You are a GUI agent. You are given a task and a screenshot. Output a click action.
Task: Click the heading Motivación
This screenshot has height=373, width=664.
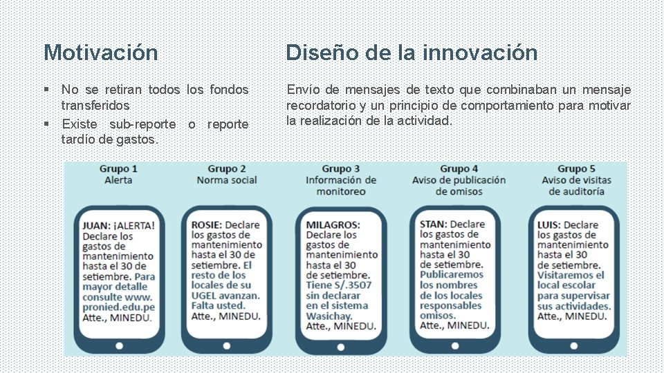coord(100,52)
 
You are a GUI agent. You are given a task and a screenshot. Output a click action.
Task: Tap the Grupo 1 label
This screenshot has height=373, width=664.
coord(118,169)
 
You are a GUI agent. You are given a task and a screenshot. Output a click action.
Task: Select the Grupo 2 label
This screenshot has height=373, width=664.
coord(227,169)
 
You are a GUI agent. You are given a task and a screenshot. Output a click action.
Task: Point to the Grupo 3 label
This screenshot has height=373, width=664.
coord(341,169)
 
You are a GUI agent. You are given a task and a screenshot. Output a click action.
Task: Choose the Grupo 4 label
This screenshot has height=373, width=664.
coord(459,169)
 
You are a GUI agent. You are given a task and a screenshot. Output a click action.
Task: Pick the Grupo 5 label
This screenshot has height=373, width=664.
coord(576,169)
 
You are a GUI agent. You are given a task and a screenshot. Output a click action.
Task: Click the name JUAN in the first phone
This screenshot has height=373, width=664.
coord(95,225)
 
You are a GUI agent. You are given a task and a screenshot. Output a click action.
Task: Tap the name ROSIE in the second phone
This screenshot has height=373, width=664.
coord(206,225)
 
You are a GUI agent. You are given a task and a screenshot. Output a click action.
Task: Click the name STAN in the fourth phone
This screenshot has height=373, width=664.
coord(433,224)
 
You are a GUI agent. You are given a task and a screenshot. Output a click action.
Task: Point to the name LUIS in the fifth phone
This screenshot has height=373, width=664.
coord(549,225)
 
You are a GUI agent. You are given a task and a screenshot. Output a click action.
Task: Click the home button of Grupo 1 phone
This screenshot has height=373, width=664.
coord(119,345)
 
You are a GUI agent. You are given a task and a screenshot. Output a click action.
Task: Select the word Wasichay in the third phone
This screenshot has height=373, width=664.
coord(329,316)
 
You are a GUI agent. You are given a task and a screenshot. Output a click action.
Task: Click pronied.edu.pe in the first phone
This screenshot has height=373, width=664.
coord(118,307)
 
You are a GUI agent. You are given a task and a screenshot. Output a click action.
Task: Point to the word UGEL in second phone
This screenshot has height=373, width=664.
coord(205,295)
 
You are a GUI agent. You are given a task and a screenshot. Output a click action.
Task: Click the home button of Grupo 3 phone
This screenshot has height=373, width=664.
coord(341,345)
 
